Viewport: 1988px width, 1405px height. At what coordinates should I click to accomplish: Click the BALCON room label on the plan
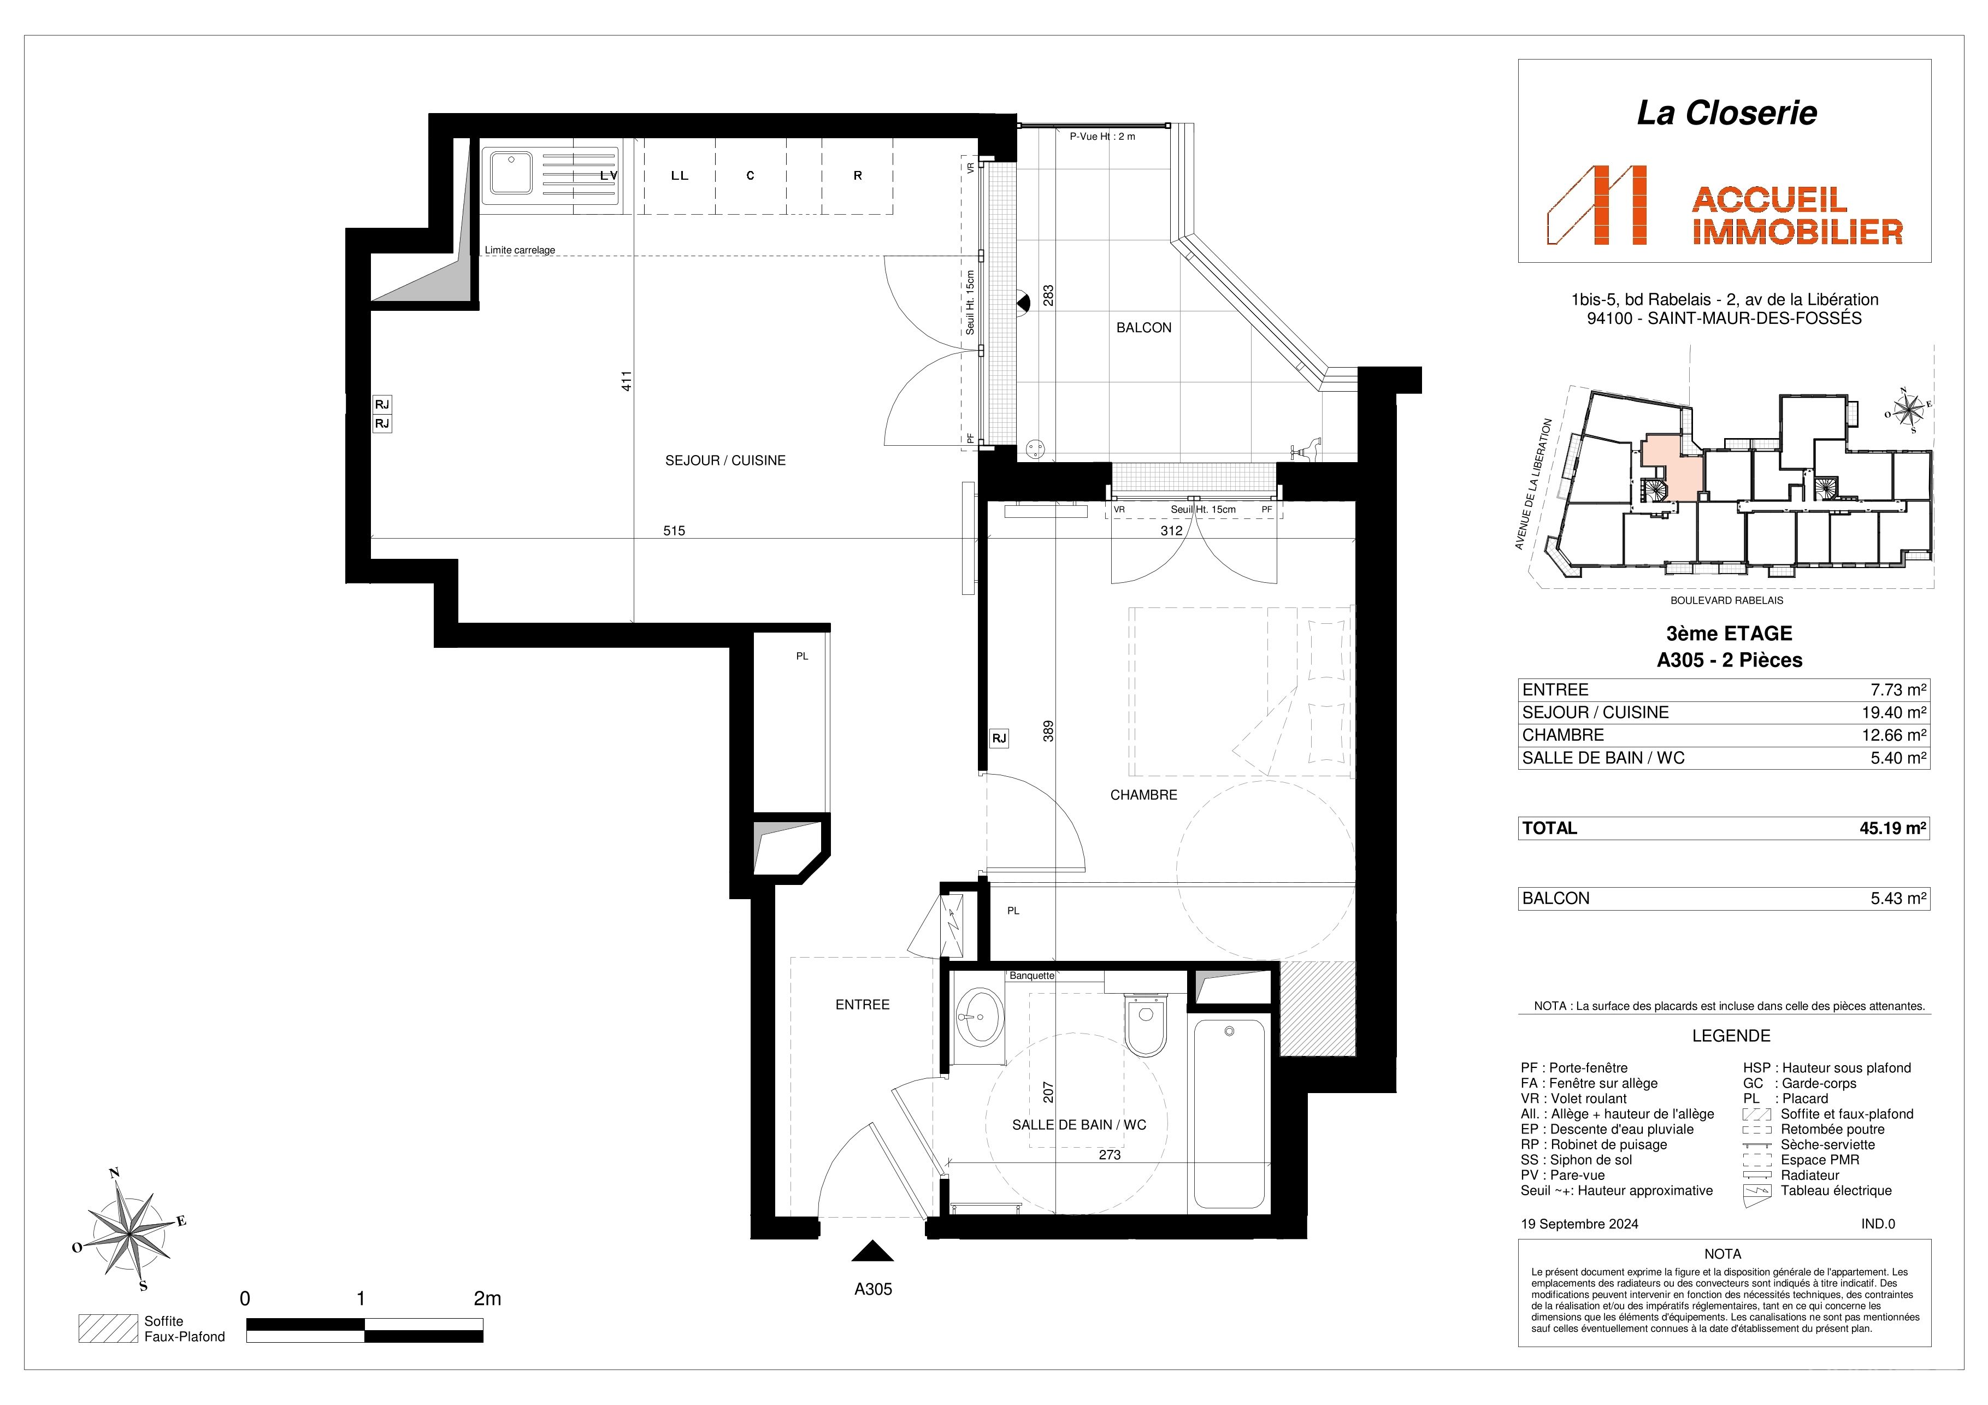[1144, 327]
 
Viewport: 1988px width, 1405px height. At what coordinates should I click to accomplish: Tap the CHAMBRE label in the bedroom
[1144, 795]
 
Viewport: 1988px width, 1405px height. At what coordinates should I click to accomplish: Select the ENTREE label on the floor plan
[863, 1004]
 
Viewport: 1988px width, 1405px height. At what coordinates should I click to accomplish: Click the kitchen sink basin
[512, 172]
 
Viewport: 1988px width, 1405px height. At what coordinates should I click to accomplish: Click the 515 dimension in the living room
[674, 530]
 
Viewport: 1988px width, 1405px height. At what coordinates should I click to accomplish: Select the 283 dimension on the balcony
[1048, 295]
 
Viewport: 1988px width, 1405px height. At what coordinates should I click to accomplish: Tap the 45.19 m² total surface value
[1893, 828]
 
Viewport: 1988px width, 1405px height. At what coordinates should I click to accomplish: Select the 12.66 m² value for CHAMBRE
[1893, 735]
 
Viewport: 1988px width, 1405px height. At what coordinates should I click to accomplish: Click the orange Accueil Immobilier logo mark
[1597, 205]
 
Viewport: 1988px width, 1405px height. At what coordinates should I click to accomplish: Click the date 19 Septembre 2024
[1579, 1224]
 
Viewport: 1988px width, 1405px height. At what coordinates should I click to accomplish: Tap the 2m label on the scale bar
[487, 1298]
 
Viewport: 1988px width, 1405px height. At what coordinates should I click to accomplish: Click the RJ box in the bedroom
[999, 739]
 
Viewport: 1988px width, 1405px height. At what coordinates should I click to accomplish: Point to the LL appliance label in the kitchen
[680, 176]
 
